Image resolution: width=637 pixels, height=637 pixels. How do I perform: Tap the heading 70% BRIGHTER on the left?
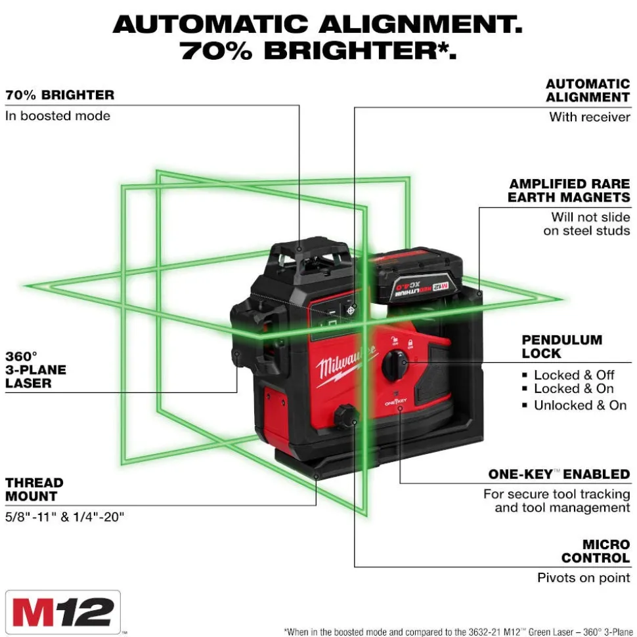60,95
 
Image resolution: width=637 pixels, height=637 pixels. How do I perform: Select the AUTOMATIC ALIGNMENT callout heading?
588,91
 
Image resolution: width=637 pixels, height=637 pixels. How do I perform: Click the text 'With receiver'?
590,117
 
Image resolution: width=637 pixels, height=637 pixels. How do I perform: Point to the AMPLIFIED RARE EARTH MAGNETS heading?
569,191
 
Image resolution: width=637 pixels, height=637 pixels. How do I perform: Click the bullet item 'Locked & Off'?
574,375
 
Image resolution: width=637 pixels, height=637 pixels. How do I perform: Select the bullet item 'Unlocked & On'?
580,405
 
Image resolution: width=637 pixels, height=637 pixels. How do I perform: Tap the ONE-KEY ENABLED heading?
559,474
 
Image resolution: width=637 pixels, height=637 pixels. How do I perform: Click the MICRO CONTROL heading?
596,551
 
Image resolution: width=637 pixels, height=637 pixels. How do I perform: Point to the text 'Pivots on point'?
584,578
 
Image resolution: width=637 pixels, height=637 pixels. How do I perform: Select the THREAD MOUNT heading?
35,489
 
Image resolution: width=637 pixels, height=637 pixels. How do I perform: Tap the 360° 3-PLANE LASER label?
36,369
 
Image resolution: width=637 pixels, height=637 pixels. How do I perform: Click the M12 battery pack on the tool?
417,276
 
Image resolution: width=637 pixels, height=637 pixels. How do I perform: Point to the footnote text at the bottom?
458,631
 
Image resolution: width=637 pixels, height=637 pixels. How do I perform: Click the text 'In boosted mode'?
58,116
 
